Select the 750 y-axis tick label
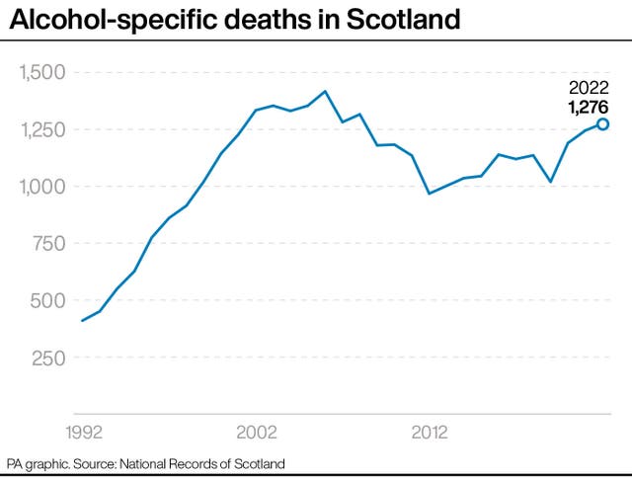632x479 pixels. pyautogui.click(x=47, y=244)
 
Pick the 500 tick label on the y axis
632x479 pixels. pyautogui.click(x=47, y=301)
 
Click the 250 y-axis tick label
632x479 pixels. pyautogui.click(x=47, y=358)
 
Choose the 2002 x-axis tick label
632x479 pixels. pyautogui.click(x=257, y=433)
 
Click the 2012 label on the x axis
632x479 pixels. pyautogui.click(x=430, y=433)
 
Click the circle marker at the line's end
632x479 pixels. pyautogui.click(x=602, y=124)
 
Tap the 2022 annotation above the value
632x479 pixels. pyautogui.click(x=589, y=87)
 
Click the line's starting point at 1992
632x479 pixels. pyautogui.click(x=82, y=320)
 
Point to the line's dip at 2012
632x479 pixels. pyautogui.click(x=429, y=194)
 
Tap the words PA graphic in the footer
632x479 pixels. pyautogui.click(x=38, y=463)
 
